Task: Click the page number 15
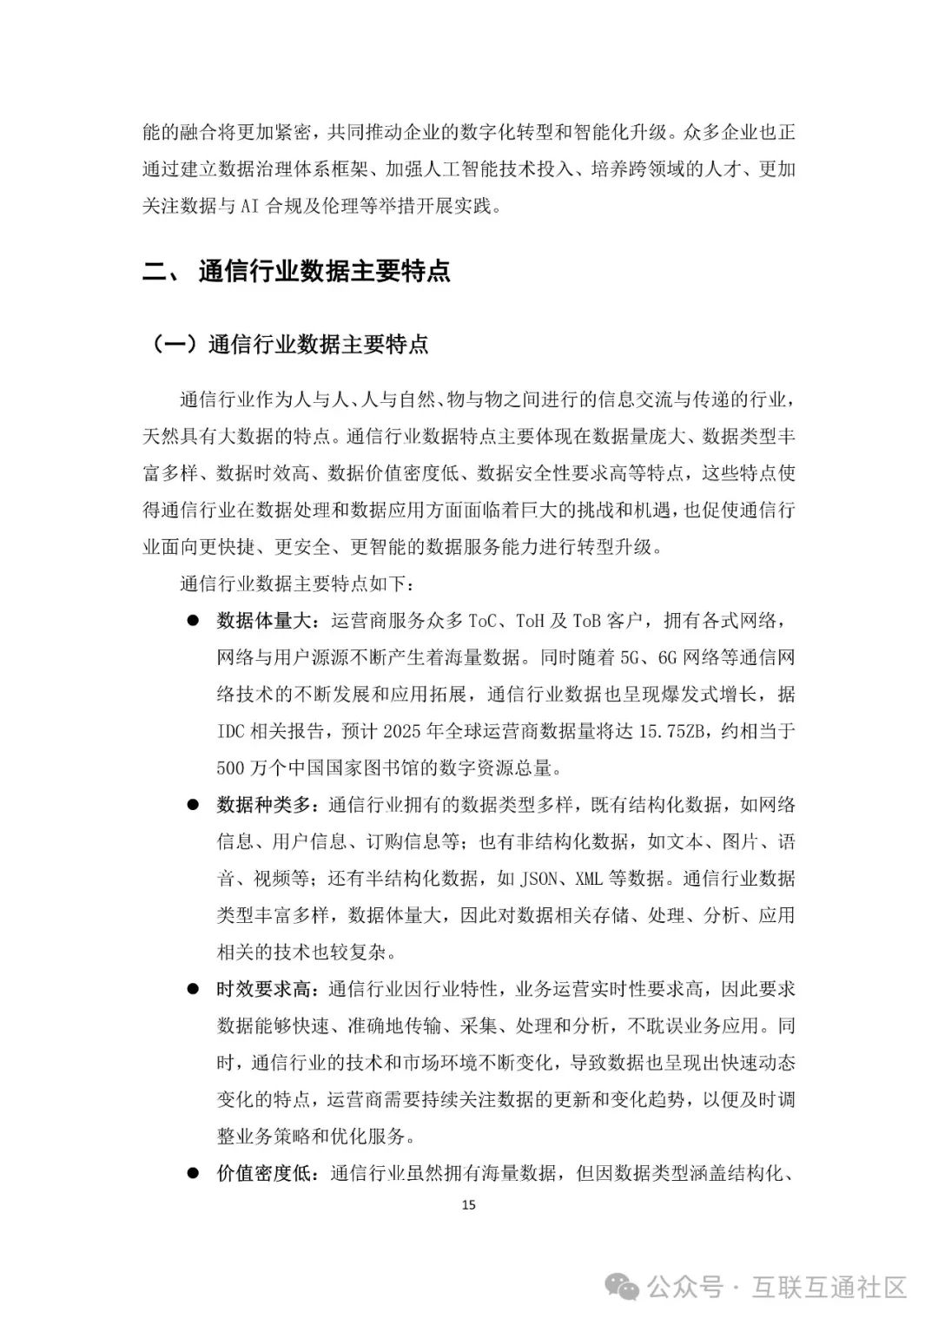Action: (x=469, y=1204)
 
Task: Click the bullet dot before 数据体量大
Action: (x=193, y=622)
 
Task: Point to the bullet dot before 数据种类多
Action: (x=193, y=805)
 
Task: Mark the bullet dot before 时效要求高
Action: (x=193, y=989)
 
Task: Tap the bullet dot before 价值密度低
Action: (x=193, y=1173)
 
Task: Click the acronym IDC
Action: (x=230, y=731)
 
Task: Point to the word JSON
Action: (x=538, y=879)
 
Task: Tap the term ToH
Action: (x=529, y=622)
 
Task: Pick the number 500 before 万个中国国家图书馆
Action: (x=230, y=768)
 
